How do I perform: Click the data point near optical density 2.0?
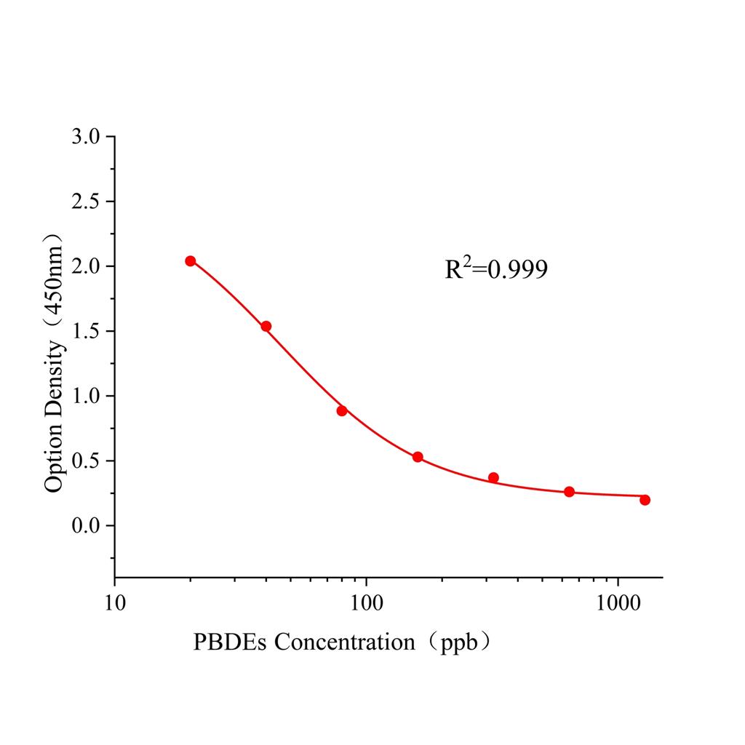pyautogui.click(x=191, y=261)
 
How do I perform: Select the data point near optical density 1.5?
pyautogui.click(x=266, y=326)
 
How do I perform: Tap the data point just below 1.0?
pyautogui.click(x=342, y=410)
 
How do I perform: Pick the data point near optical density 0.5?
pyautogui.click(x=418, y=457)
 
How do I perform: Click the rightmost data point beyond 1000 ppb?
pyautogui.click(x=645, y=500)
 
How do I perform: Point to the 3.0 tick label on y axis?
pyautogui.click(x=87, y=137)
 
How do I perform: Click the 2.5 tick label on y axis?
pyautogui.click(x=87, y=202)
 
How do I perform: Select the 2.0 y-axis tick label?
pyautogui.click(x=87, y=266)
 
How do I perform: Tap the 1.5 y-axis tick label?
pyautogui.click(x=87, y=331)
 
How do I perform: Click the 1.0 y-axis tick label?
pyautogui.click(x=87, y=396)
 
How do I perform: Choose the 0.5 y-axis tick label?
pyautogui.click(x=87, y=461)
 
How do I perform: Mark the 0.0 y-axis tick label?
pyautogui.click(x=87, y=525)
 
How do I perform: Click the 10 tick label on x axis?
pyautogui.click(x=114, y=605)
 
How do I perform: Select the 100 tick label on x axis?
pyautogui.click(x=366, y=605)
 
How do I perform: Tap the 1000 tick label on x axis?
pyautogui.click(x=618, y=605)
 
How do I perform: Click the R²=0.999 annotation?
pyautogui.click(x=496, y=270)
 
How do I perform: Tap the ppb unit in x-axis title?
pyautogui.click(x=461, y=643)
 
